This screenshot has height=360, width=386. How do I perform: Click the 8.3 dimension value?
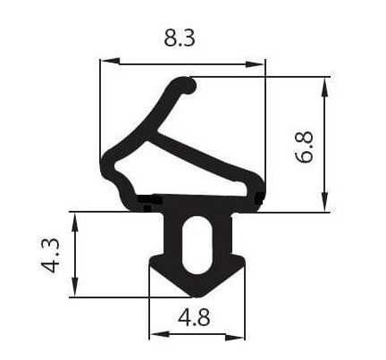(x=181, y=38)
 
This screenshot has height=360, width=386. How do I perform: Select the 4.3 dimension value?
(x=53, y=254)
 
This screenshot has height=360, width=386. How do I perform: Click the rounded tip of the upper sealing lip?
(x=188, y=86)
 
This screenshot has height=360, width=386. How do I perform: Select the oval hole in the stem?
(x=196, y=246)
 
